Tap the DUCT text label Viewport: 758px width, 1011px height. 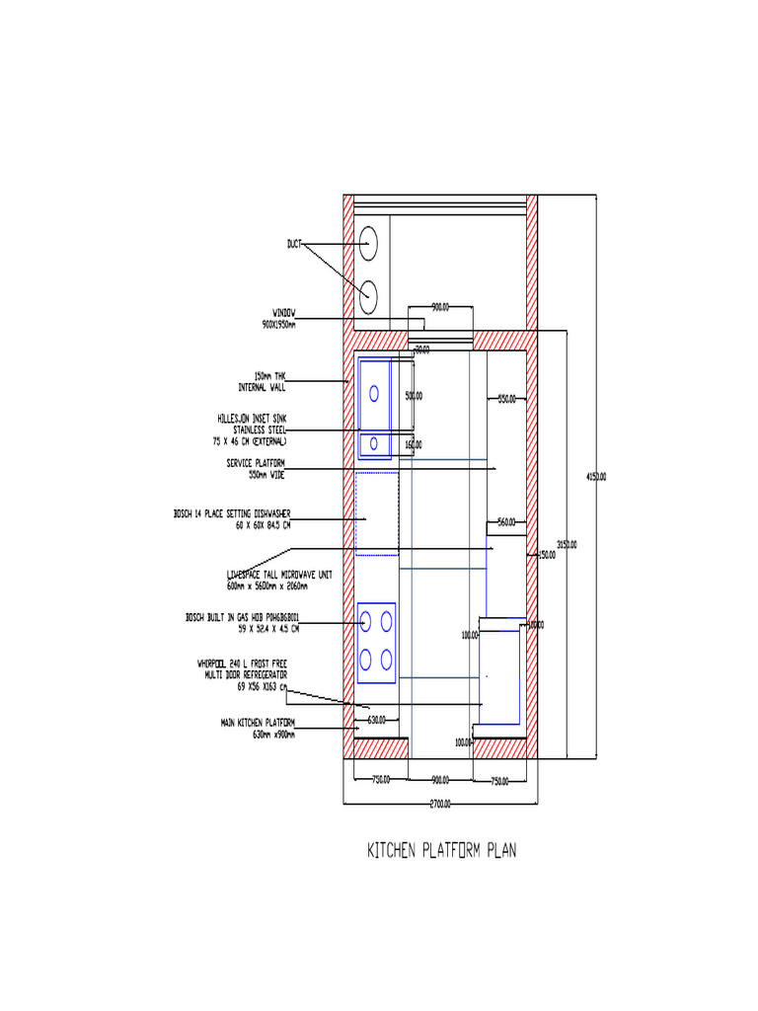pos(294,243)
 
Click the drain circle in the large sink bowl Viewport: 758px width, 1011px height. pos(374,393)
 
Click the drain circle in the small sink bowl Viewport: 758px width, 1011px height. pos(374,444)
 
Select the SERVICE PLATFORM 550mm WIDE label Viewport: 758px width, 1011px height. pos(256,469)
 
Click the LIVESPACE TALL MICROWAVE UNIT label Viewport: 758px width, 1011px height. pos(279,580)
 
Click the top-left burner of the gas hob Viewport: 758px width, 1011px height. pos(366,621)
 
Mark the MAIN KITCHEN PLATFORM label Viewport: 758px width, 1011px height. pos(258,729)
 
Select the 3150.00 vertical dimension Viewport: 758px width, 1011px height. pos(567,544)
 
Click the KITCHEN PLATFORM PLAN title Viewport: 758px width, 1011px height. pos(441,851)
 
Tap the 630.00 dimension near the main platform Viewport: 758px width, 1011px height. pos(376,720)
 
